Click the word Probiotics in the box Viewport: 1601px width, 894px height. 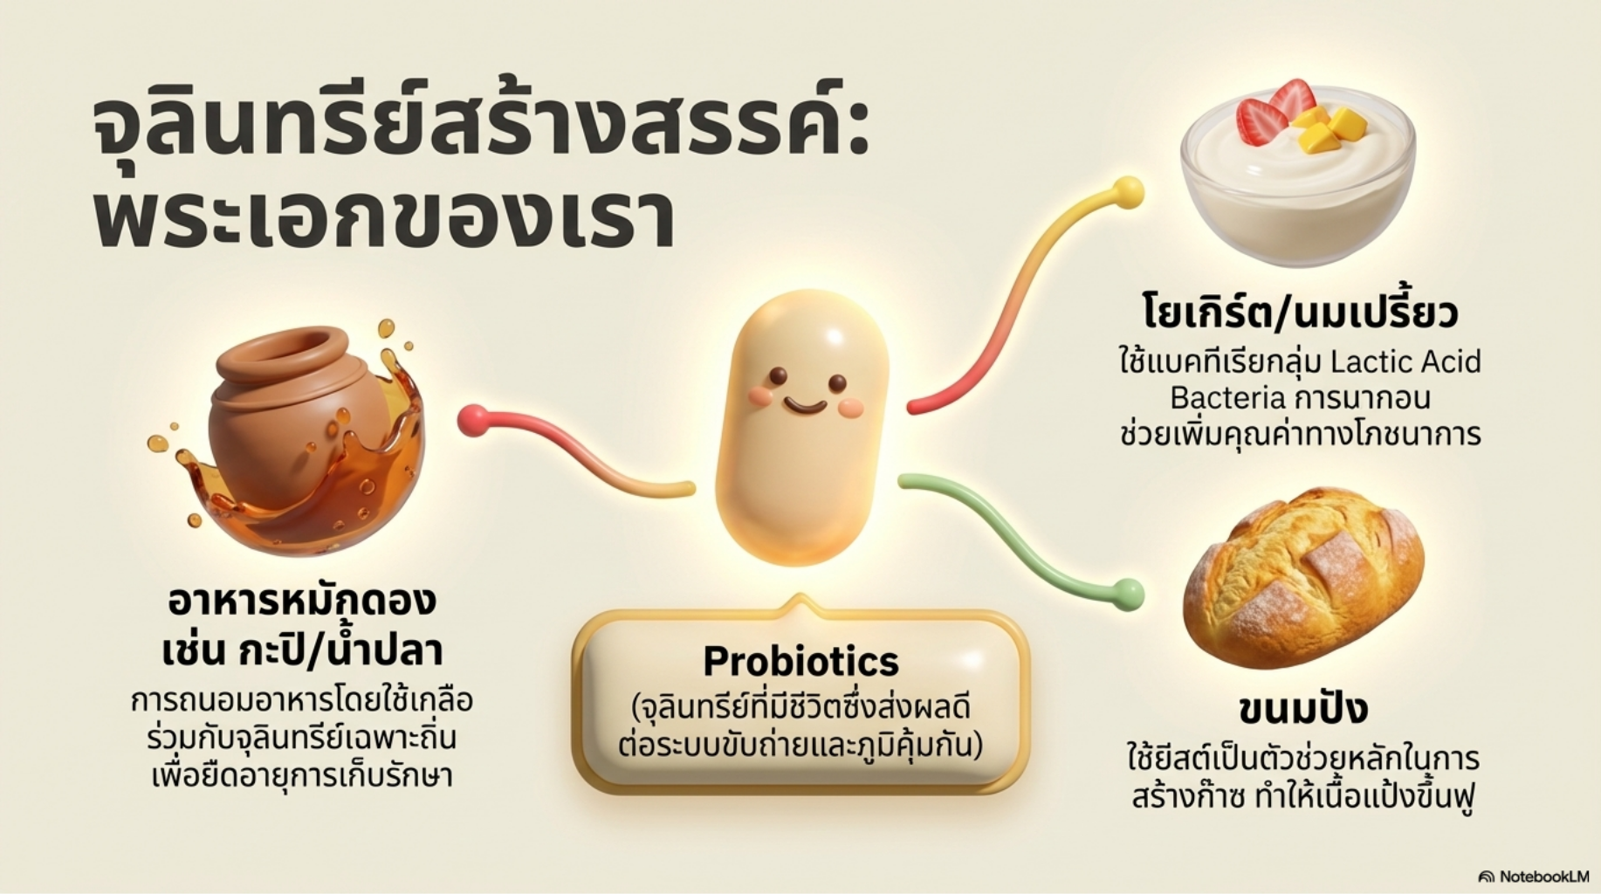800,662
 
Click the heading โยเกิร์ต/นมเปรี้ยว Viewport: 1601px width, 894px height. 1300,313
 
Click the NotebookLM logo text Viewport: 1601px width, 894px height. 1534,876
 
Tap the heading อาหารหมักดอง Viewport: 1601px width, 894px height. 302,602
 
